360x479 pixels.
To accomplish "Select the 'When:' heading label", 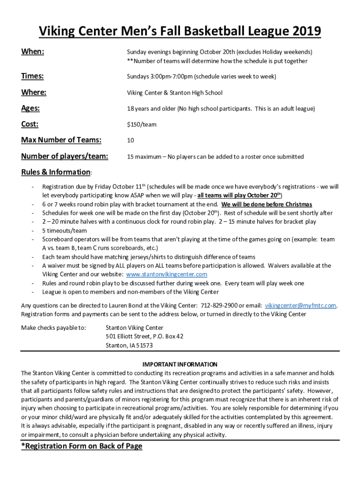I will [33, 51].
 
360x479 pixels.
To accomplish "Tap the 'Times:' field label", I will [33, 76].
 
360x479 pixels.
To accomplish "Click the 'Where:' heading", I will [34, 93].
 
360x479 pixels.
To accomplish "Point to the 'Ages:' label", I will [30, 109].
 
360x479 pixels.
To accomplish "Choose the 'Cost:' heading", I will [30, 124].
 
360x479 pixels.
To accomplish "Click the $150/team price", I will [142, 125].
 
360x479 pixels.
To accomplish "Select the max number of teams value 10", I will [130, 140].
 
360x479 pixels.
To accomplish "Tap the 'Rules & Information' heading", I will [56, 172].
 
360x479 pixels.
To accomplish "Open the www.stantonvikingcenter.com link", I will [167, 275].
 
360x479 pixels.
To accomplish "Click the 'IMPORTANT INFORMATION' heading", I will [180, 364].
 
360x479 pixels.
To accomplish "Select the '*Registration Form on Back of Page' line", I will [82, 446].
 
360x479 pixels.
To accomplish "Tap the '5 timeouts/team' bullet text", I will [65, 231].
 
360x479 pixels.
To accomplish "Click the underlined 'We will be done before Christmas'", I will [266, 204].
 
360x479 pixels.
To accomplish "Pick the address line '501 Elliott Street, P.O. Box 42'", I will [144, 336].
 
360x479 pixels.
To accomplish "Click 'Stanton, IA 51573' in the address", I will [129, 345].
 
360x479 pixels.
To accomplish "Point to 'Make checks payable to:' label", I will [54, 328].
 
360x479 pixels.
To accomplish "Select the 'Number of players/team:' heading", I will [65, 156].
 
